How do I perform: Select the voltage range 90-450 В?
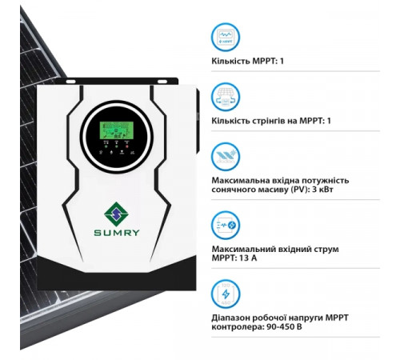(281, 328)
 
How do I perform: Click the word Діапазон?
(234, 318)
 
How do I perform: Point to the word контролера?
(236, 328)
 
